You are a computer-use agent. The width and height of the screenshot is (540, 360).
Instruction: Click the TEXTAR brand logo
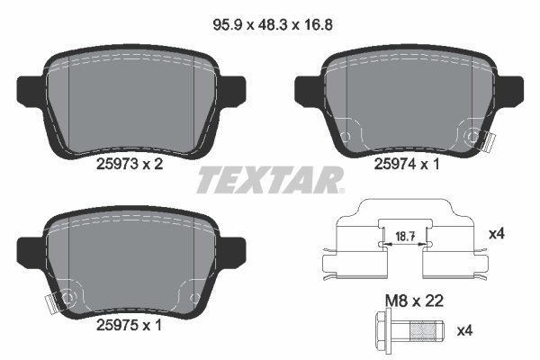point(269,179)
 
